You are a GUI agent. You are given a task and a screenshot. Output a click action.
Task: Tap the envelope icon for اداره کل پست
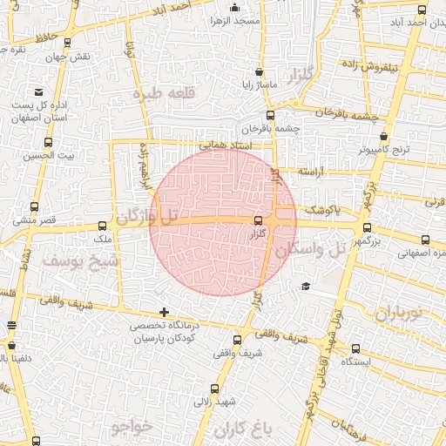point(38,91)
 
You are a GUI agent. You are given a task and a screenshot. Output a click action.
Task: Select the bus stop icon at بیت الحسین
point(47,142)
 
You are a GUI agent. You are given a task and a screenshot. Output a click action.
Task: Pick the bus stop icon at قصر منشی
point(34,207)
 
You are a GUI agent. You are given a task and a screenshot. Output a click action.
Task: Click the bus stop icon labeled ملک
point(103,225)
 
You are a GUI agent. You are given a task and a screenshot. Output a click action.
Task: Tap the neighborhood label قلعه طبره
point(160,92)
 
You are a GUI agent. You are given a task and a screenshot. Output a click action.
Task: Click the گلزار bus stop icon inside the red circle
point(257,221)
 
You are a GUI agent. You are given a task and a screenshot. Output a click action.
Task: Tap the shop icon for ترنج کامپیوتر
point(384,137)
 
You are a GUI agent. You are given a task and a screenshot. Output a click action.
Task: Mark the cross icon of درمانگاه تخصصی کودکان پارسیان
point(164,312)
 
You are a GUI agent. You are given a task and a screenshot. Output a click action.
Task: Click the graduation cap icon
point(305,286)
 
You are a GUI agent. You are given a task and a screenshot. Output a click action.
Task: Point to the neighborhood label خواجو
point(132,427)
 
